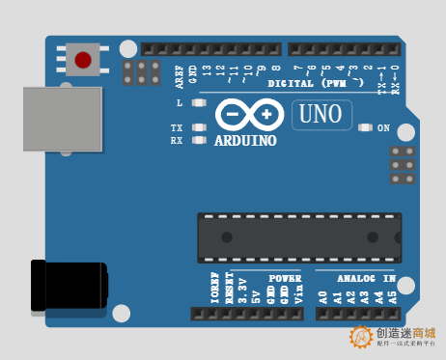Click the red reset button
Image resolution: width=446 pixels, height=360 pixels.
[x=83, y=60]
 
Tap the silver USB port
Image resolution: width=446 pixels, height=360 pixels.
[x=62, y=119]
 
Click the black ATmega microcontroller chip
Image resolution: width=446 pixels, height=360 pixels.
[x=299, y=236]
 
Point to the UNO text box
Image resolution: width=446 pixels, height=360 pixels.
[x=321, y=115]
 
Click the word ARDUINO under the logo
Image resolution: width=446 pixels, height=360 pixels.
[x=245, y=141]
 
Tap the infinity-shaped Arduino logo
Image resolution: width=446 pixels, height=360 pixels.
[x=248, y=114]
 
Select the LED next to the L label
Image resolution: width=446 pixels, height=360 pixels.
[x=200, y=102]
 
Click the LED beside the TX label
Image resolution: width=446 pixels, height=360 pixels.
[x=200, y=127]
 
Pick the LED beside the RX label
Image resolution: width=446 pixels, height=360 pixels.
[x=200, y=140]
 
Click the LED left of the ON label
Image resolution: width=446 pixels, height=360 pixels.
[x=365, y=127]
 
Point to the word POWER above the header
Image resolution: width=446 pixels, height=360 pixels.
[x=285, y=279]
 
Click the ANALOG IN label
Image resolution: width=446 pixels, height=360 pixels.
[x=366, y=279]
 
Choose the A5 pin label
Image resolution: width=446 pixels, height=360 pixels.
[x=392, y=298]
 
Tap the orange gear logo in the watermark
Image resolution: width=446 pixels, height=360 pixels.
[x=362, y=337]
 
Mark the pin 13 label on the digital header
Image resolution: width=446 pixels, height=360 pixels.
[x=207, y=70]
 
